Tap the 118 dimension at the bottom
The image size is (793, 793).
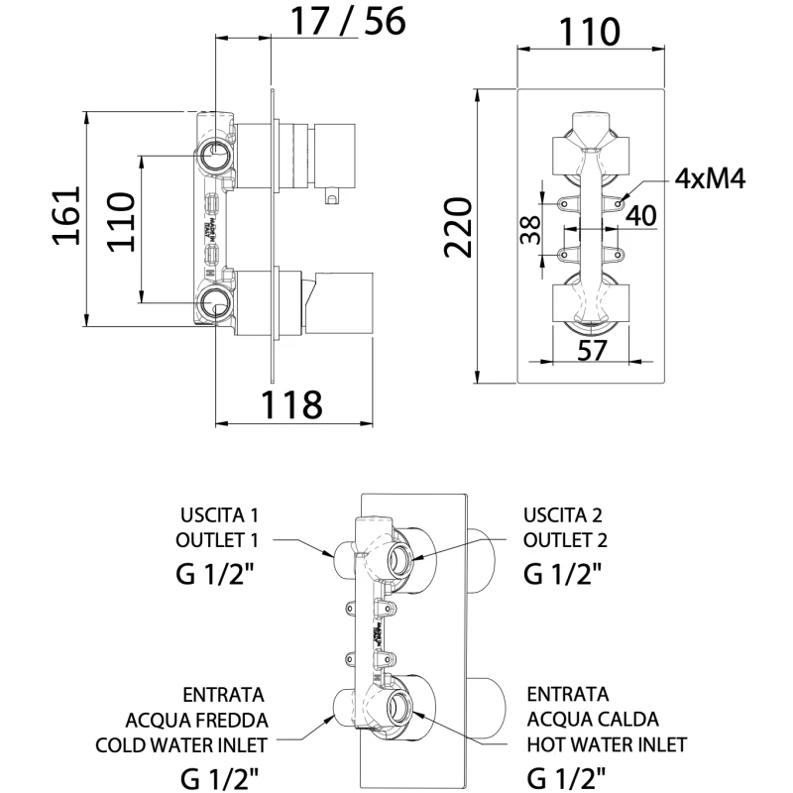(291, 404)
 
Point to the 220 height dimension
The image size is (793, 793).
(458, 227)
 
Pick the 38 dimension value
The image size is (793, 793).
(528, 230)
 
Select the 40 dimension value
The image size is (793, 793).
(641, 215)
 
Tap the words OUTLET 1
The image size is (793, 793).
(217, 540)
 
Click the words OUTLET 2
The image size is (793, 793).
(565, 540)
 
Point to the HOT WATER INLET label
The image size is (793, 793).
(608, 743)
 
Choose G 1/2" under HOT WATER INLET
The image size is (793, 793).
(565, 775)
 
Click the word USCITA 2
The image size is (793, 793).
(563, 515)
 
